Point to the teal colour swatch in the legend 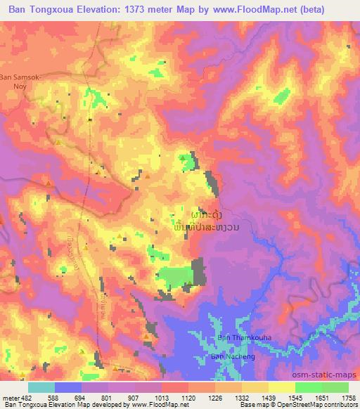pyautogui.click(x=41, y=387)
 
